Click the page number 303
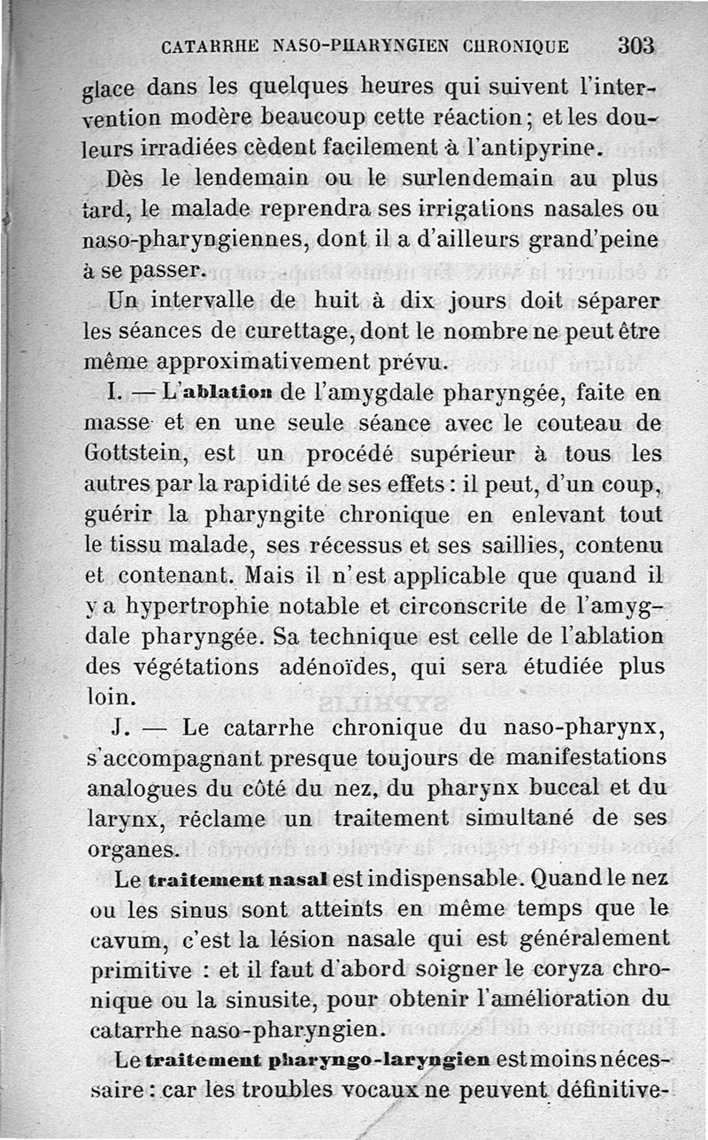(636, 45)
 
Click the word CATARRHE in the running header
(209, 46)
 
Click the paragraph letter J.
(122, 728)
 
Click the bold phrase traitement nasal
(240, 882)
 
